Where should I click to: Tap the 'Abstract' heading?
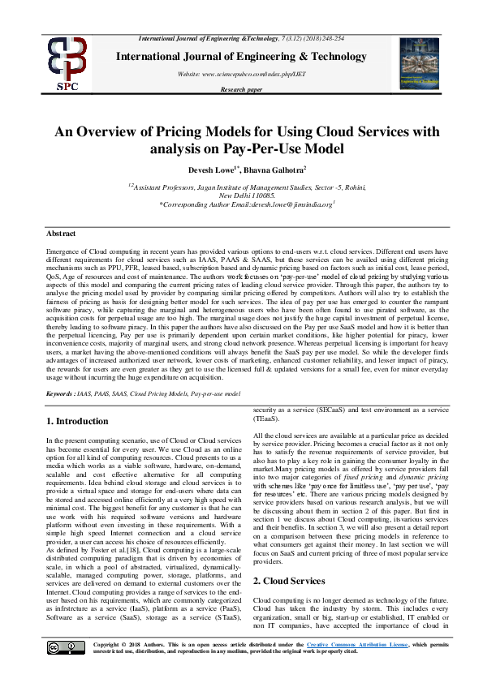[62, 234]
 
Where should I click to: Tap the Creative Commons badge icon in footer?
[55, 646]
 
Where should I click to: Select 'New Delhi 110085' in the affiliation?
[242, 196]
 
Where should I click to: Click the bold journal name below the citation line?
[241, 56]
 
